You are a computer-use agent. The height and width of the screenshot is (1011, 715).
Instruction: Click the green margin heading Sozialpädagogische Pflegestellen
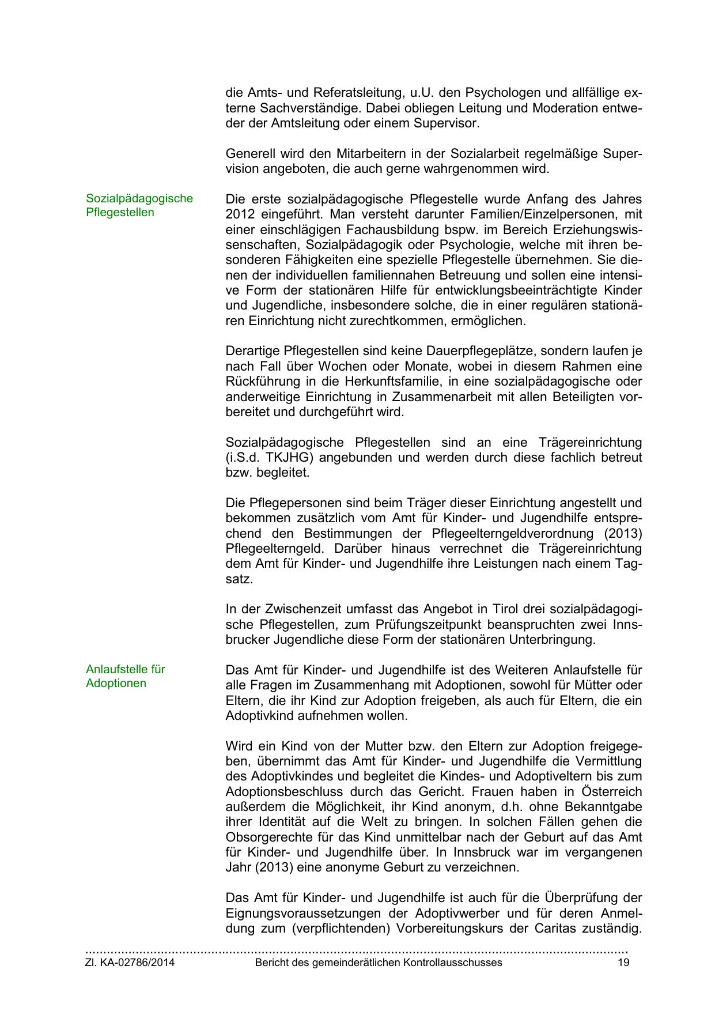coord(139,205)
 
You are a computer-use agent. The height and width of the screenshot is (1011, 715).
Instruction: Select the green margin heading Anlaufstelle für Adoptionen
coord(125,676)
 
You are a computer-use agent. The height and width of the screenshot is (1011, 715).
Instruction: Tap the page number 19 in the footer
coord(623,963)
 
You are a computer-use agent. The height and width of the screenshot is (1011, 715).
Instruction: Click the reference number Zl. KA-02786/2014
coord(130,963)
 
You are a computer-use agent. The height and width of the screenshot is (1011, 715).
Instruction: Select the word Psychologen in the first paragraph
coord(500,93)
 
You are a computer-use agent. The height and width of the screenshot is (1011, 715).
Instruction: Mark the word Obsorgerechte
coord(267,837)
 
